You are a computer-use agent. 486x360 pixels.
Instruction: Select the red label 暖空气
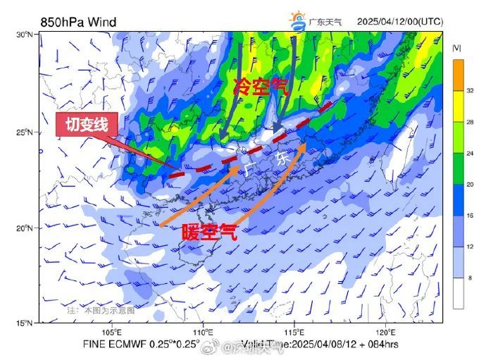coord(209,232)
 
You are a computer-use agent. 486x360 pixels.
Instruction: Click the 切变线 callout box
coord(86,125)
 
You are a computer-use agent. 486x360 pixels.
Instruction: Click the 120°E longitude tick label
coord(385,332)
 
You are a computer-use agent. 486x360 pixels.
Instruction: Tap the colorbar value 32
coord(470,91)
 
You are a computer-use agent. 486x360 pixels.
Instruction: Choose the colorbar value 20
coord(470,184)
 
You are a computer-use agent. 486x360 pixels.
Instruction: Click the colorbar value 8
coord(470,278)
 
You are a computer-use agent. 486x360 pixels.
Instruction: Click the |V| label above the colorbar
coord(457,48)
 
